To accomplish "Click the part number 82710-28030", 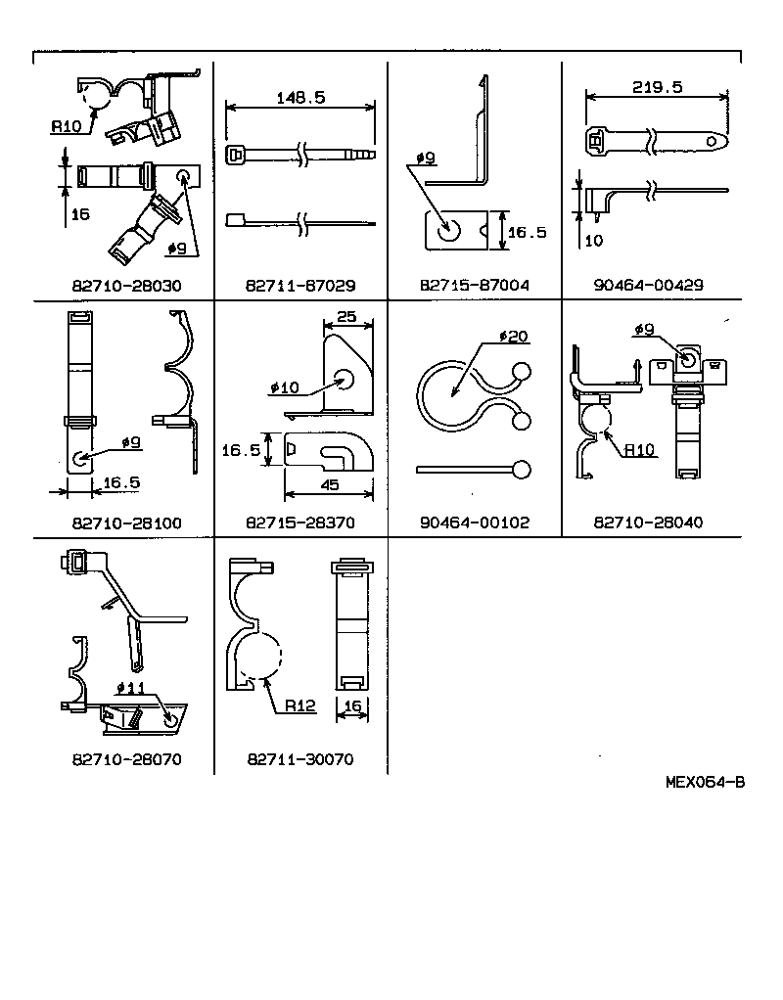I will point(127,286).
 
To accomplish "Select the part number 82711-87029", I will point(300,286).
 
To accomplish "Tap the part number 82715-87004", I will point(474,286).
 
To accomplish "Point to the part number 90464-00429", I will point(648,286).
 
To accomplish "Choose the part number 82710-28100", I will point(127,523).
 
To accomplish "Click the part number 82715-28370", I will point(300,523).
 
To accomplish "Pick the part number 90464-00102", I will point(474,523).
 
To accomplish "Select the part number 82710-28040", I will point(648,523).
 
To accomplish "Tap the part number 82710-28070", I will point(127,759).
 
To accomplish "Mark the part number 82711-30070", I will point(300,759).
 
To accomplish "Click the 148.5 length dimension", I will point(300,98).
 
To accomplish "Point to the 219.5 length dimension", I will point(657,86).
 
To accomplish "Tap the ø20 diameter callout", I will point(513,336).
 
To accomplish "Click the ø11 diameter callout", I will point(130,687).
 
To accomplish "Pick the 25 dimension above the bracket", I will point(346,318).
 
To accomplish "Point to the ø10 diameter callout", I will point(285,388).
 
